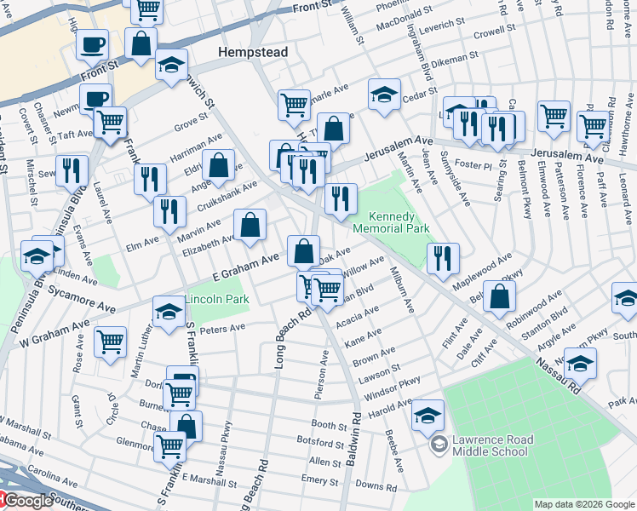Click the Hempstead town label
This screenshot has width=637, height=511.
click(253, 52)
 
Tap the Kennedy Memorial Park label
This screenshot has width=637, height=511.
click(399, 223)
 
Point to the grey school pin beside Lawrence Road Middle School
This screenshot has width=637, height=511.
click(439, 444)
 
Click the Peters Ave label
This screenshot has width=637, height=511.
click(222, 329)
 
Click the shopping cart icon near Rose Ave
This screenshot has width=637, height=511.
click(111, 342)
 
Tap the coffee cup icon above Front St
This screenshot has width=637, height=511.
click(92, 44)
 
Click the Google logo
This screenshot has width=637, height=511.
click(27, 501)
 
